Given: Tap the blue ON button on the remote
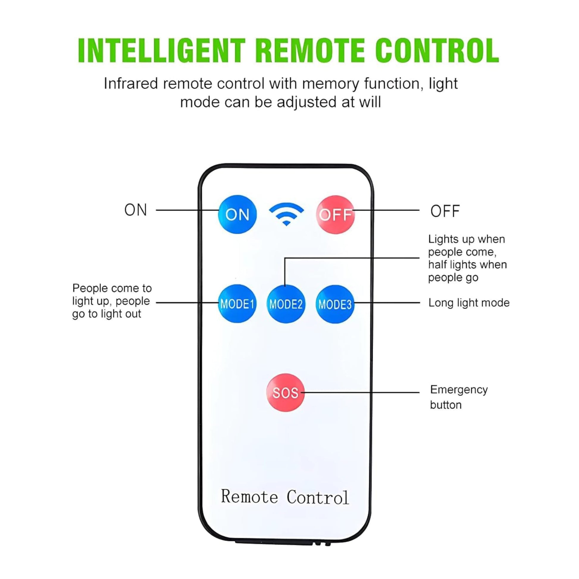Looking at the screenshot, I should coord(237,214).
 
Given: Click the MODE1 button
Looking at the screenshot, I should coord(237,303).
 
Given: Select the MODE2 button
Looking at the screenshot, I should coord(286,304).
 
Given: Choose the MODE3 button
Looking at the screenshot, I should coord(335,304).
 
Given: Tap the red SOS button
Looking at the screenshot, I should coord(285,392).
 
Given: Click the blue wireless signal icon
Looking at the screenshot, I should coord(286,214).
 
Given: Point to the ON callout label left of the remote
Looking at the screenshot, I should coord(136,210).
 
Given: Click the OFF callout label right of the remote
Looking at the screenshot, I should coord(445,211).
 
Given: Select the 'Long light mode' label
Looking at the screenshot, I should coord(469,303).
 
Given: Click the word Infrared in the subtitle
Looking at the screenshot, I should coord(130,83).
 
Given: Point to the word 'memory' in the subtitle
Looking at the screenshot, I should coord(330,83).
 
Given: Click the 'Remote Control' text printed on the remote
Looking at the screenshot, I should coord(285,497).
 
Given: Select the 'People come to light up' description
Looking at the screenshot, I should coord(112,301).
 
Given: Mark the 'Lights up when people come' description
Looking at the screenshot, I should coord(467,258).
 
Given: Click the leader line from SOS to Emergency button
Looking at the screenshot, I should coord(360,392).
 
